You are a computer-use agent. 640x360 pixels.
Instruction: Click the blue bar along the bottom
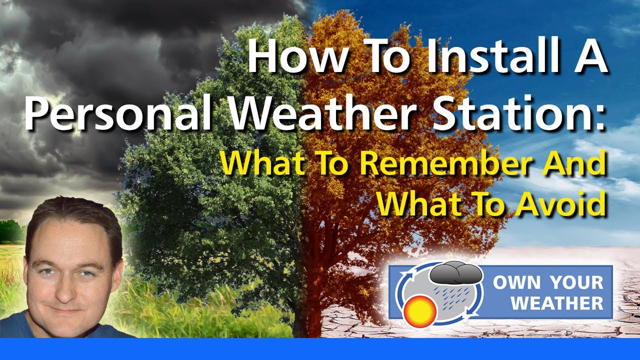pos(320,349)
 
